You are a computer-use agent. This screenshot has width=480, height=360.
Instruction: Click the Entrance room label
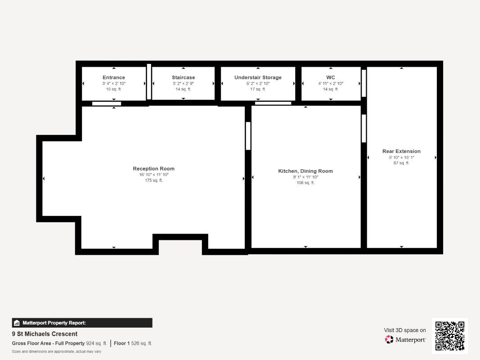(113, 77)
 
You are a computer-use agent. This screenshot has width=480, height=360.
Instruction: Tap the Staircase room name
(184, 77)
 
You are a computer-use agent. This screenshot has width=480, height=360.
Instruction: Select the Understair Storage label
(258, 77)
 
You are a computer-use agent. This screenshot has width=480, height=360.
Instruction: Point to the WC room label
(331, 77)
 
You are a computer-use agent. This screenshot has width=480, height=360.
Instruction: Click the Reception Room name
(154, 169)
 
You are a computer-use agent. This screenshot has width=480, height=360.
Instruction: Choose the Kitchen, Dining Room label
(305, 171)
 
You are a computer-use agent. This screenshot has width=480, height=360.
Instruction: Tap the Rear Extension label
(401, 151)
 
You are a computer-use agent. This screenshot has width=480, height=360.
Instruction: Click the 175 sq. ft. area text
(154, 180)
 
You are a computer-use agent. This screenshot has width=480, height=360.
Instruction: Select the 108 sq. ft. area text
(305, 183)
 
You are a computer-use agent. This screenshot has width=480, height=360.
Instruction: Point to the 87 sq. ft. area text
(401, 163)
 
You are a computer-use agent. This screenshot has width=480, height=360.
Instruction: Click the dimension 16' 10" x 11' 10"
(154, 175)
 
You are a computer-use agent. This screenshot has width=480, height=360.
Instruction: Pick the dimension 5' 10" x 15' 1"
(401, 157)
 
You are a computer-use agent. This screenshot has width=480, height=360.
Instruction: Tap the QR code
(450, 336)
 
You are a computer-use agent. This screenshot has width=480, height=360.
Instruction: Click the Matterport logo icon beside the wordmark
(389, 339)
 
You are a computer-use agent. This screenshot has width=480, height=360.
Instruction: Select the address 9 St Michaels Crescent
(45, 334)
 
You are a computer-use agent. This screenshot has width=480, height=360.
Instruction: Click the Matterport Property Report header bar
(82, 323)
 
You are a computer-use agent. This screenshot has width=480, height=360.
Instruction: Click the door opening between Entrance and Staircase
(149, 82)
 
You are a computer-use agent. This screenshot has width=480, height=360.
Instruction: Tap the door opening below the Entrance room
(107, 103)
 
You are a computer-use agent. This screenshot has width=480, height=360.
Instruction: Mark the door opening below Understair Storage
(273, 103)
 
